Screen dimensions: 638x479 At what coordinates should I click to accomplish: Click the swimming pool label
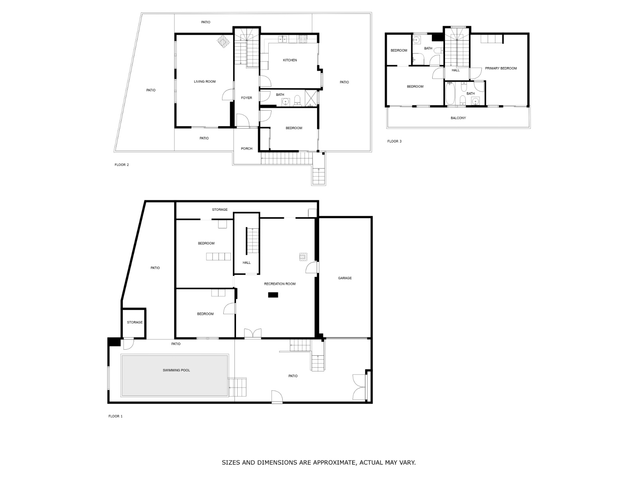[176, 370]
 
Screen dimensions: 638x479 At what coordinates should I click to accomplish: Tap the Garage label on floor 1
[345, 278]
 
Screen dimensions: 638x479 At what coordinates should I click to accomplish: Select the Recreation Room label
[280, 284]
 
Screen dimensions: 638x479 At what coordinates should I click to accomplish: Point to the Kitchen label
[290, 60]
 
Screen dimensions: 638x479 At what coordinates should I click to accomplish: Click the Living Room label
[205, 81]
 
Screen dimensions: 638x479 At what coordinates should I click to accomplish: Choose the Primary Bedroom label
[501, 68]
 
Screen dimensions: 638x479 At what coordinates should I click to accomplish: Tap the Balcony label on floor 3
[458, 118]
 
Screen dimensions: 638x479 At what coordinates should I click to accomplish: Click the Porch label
[246, 148]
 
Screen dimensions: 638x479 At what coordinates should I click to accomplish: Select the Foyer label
[246, 98]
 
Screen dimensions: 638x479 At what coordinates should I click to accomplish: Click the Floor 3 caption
[394, 141]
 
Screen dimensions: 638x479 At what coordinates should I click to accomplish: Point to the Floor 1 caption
[115, 416]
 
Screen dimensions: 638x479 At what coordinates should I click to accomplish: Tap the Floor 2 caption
[122, 164]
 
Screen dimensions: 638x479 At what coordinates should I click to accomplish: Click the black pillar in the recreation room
[273, 295]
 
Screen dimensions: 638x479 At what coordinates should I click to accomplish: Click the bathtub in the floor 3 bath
[450, 93]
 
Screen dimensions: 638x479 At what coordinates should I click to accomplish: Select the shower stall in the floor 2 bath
[311, 98]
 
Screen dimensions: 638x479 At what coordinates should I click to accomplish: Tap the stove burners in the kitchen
[303, 39]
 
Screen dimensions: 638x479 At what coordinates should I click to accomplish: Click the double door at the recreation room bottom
[252, 333]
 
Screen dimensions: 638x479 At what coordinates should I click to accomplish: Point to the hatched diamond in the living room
[223, 42]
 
